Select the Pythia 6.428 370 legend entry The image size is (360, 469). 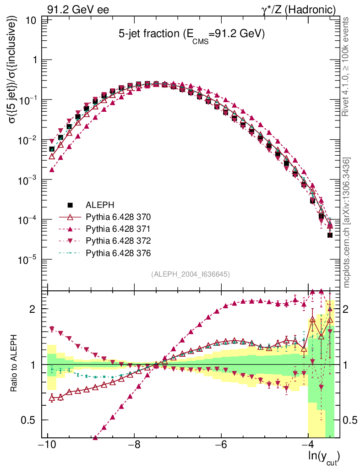pos(118,216)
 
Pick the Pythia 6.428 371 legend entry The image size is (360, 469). pos(118,229)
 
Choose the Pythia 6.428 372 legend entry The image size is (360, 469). pos(118,241)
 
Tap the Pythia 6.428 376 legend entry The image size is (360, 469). pos(118,253)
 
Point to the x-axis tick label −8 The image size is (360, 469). pos(134,445)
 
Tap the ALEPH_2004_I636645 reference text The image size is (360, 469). pos(190,274)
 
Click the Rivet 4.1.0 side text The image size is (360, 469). pos(346,66)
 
